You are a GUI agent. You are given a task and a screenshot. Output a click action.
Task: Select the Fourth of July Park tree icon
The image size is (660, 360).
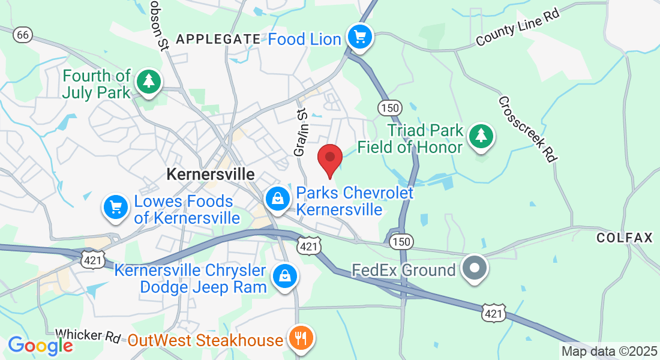click(147, 82)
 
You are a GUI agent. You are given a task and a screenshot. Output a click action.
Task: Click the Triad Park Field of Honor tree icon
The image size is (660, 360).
click(481, 136)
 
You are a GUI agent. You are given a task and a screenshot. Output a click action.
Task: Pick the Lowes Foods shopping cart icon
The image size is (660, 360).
click(116, 207)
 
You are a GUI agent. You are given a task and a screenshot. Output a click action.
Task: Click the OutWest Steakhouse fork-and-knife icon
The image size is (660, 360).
click(298, 339)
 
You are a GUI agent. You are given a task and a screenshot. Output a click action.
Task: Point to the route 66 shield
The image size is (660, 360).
click(23, 35)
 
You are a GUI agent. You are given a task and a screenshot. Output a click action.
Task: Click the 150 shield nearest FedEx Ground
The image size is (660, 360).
click(400, 241)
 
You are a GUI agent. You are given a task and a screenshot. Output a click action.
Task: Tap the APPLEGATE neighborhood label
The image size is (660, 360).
click(218, 40)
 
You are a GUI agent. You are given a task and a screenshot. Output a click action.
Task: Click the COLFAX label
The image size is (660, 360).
click(624, 238)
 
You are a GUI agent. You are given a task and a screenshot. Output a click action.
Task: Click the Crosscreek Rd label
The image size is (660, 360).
click(528, 129)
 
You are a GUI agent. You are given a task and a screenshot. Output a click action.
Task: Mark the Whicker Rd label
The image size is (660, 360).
click(88, 336)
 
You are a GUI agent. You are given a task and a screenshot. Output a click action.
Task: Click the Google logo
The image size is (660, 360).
click(40, 346)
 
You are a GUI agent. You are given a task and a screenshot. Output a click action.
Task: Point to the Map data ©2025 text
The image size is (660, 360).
click(608, 351)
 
